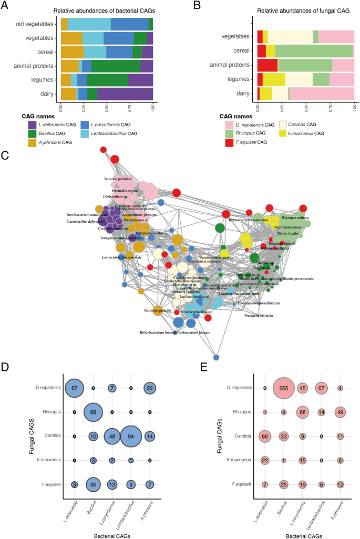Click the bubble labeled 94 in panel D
click(x=130, y=436)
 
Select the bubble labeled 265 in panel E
click(x=285, y=388)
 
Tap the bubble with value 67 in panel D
click(x=74, y=388)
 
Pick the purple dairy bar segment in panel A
click(x=125, y=94)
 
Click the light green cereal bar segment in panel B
click(x=314, y=51)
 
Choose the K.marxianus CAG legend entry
click(x=326, y=134)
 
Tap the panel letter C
click(x=5, y=156)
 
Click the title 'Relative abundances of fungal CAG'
click(x=306, y=11)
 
